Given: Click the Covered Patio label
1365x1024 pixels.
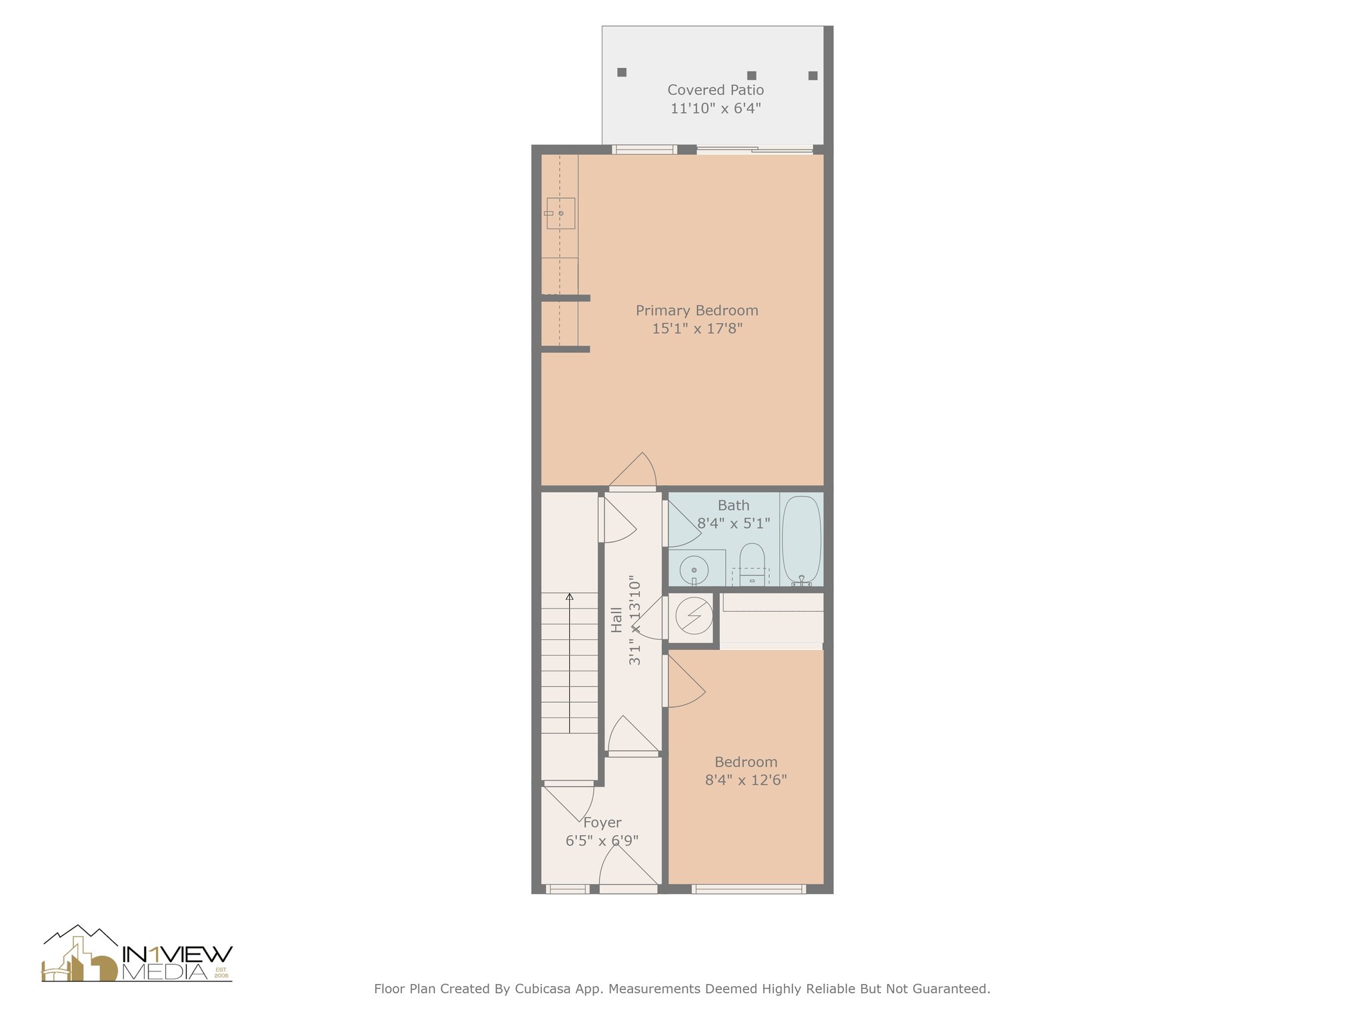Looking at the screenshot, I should click(x=715, y=90).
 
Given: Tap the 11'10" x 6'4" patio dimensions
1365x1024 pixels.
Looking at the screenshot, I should click(x=715, y=109).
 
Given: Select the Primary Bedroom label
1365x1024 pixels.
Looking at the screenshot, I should click(x=696, y=311).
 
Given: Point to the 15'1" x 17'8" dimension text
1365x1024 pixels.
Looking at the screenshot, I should click(x=696, y=329).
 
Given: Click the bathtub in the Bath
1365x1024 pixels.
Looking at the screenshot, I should click(x=801, y=539).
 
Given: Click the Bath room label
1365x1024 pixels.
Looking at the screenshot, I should click(x=733, y=506).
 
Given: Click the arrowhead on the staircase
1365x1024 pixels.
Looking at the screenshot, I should click(x=569, y=597).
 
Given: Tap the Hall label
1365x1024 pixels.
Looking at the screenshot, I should click(x=617, y=619).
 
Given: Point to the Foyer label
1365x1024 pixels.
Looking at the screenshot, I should click(x=602, y=823).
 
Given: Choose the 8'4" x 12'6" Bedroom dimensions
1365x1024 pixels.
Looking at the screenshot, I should click(x=746, y=780).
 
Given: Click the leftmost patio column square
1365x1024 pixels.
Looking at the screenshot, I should click(x=622, y=72).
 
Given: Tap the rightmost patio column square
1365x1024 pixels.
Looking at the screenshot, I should click(x=812, y=75).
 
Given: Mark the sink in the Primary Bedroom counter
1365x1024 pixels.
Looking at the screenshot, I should click(x=561, y=213).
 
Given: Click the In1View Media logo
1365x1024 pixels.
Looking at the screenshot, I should click(x=137, y=955).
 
